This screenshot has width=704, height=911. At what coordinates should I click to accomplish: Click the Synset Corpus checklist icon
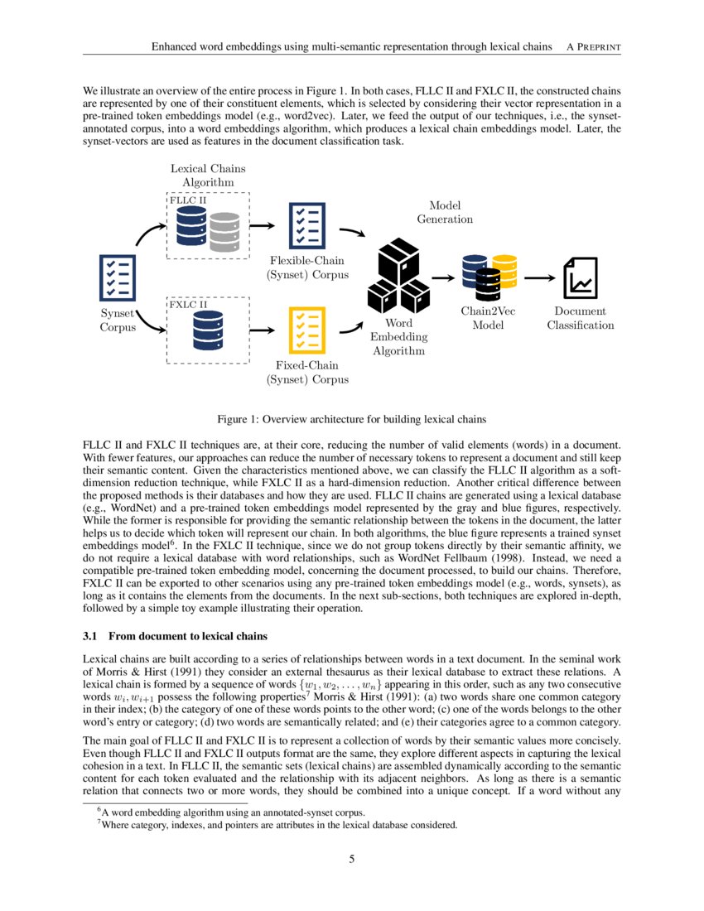click(x=117, y=277)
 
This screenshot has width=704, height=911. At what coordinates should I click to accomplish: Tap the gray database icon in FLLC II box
click(x=224, y=232)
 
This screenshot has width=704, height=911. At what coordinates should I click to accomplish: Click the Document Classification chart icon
click(x=580, y=277)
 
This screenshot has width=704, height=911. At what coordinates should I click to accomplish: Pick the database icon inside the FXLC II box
click(x=207, y=330)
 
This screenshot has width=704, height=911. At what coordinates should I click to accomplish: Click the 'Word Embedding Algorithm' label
click(x=398, y=337)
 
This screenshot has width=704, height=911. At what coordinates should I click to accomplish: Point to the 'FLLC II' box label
click(x=188, y=200)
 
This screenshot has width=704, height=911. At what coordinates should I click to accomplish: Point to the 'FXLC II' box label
click(x=189, y=305)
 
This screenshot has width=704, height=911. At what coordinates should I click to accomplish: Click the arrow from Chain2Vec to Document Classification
click(x=538, y=277)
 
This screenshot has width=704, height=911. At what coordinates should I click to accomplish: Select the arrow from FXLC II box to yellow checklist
click(x=262, y=330)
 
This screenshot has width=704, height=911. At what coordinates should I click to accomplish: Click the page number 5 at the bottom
click(x=352, y=859)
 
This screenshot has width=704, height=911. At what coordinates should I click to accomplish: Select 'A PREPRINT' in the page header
click(x=592, y=46)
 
